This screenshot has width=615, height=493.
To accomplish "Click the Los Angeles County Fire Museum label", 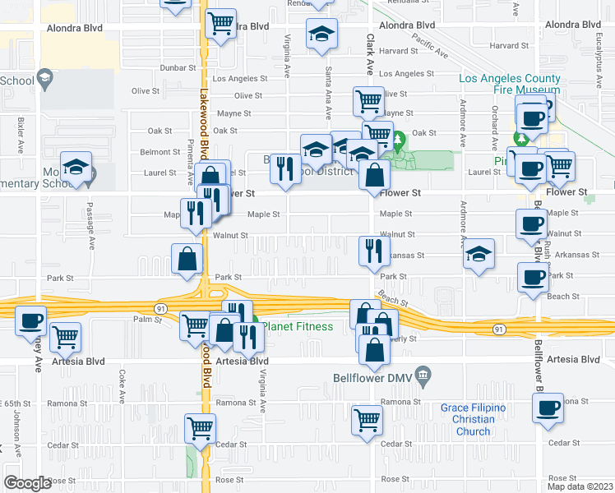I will (x=510, y=85).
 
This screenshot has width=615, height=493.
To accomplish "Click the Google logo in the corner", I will (x=27, y=483).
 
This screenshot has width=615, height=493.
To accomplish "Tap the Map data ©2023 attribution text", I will (x=580, y=486).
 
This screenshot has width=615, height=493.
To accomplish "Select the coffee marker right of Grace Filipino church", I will (x=547, y=407).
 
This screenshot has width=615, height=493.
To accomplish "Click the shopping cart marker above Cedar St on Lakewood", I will (x=201, y=427).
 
